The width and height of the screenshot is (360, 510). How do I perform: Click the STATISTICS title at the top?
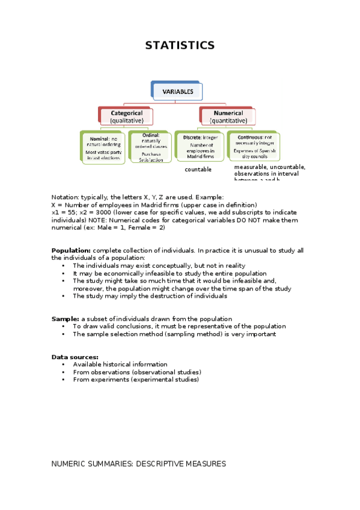click(180, 46)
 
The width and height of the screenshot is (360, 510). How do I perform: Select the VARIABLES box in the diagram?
click(177, 92)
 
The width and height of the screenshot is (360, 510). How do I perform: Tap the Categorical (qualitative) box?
click(126, 116)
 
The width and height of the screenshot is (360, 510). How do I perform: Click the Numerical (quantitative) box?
click(228, 116)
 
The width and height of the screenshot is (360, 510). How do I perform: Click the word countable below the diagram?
click(198, 170)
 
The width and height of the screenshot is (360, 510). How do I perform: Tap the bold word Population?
click(71, 250)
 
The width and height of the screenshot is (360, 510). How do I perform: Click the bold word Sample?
click(65, 319)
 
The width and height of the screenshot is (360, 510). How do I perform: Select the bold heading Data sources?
click(75, 357)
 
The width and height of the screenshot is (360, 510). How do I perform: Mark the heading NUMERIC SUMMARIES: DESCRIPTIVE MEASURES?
click(138, 464)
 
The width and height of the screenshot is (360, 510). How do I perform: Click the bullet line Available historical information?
click(120, 364)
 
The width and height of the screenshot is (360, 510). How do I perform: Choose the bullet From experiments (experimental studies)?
click(135, 379)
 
